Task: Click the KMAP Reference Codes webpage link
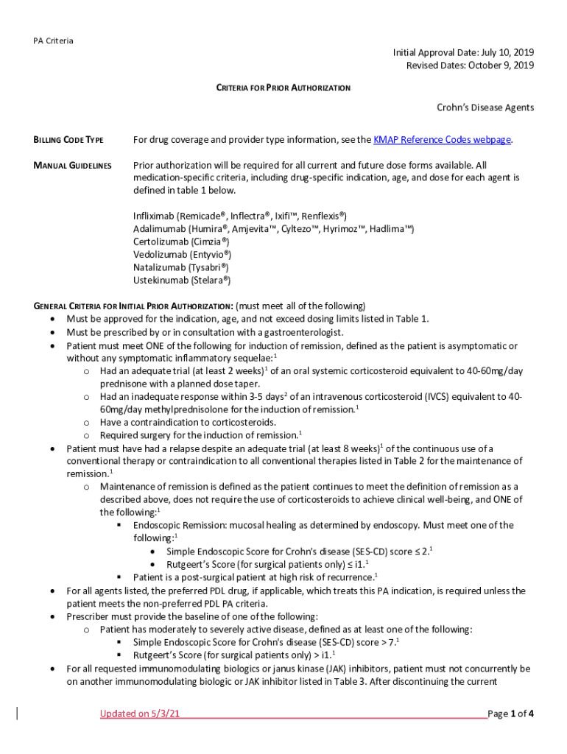point(442,140)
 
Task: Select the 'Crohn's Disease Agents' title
point(485,108)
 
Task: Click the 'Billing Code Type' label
point(68,140)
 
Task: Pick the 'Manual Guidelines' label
point(72,166)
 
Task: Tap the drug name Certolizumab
point(160,242)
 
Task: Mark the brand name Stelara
point(210,281)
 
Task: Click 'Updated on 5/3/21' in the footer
point(140,714)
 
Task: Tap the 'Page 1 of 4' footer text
point(511,714)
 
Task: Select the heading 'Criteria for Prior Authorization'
point(283,88)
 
